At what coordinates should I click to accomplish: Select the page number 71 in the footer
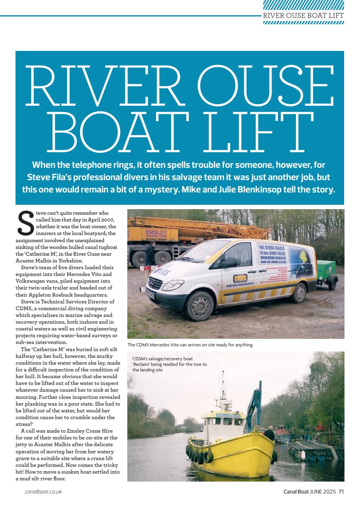[x=341, y=492]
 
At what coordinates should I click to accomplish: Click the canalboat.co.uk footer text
[x=43, y=492]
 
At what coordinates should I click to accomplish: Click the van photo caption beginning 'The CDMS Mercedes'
[x=190, y=345]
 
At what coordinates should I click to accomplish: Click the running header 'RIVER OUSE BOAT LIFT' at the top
[x=304, y=16]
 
